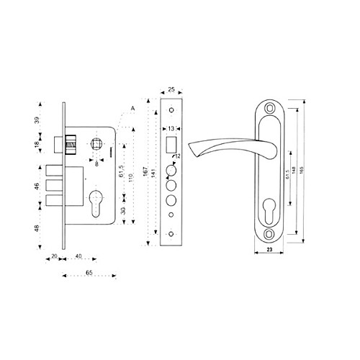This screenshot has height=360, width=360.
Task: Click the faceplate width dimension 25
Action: (x=172, y=89)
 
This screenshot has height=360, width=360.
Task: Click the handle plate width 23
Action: (x=269, y=249)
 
